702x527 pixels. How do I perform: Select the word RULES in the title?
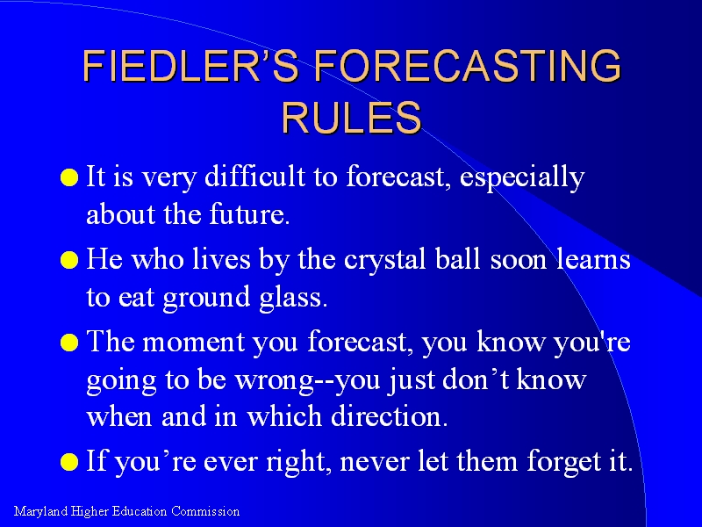tap(352, 117)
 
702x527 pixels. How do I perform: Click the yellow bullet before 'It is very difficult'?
tap(69, 177)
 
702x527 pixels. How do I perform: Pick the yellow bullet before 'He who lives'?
tap(69, 260)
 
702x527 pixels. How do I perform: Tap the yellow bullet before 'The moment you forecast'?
tap(69, 343)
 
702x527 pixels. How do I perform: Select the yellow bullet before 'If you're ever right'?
tap(69, 462)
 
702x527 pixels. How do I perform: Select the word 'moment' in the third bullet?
tap(193, 343)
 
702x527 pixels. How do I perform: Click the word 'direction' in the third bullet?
tap(389, 415)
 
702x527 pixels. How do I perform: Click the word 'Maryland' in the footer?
tap(41, 512)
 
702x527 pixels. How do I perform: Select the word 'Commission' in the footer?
tap(205, 511)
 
